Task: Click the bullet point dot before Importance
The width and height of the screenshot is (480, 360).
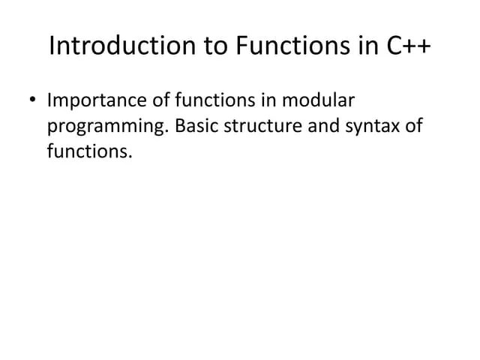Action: [x=32, y=101]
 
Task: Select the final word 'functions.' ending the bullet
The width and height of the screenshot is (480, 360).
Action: [x=89, y=152]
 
